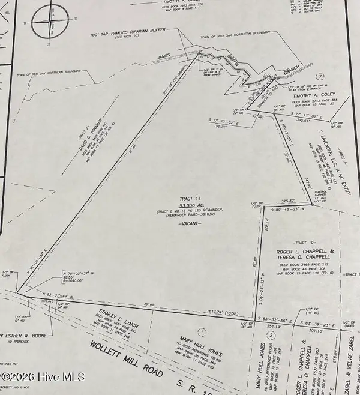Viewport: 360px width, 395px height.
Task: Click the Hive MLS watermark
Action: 43,378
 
